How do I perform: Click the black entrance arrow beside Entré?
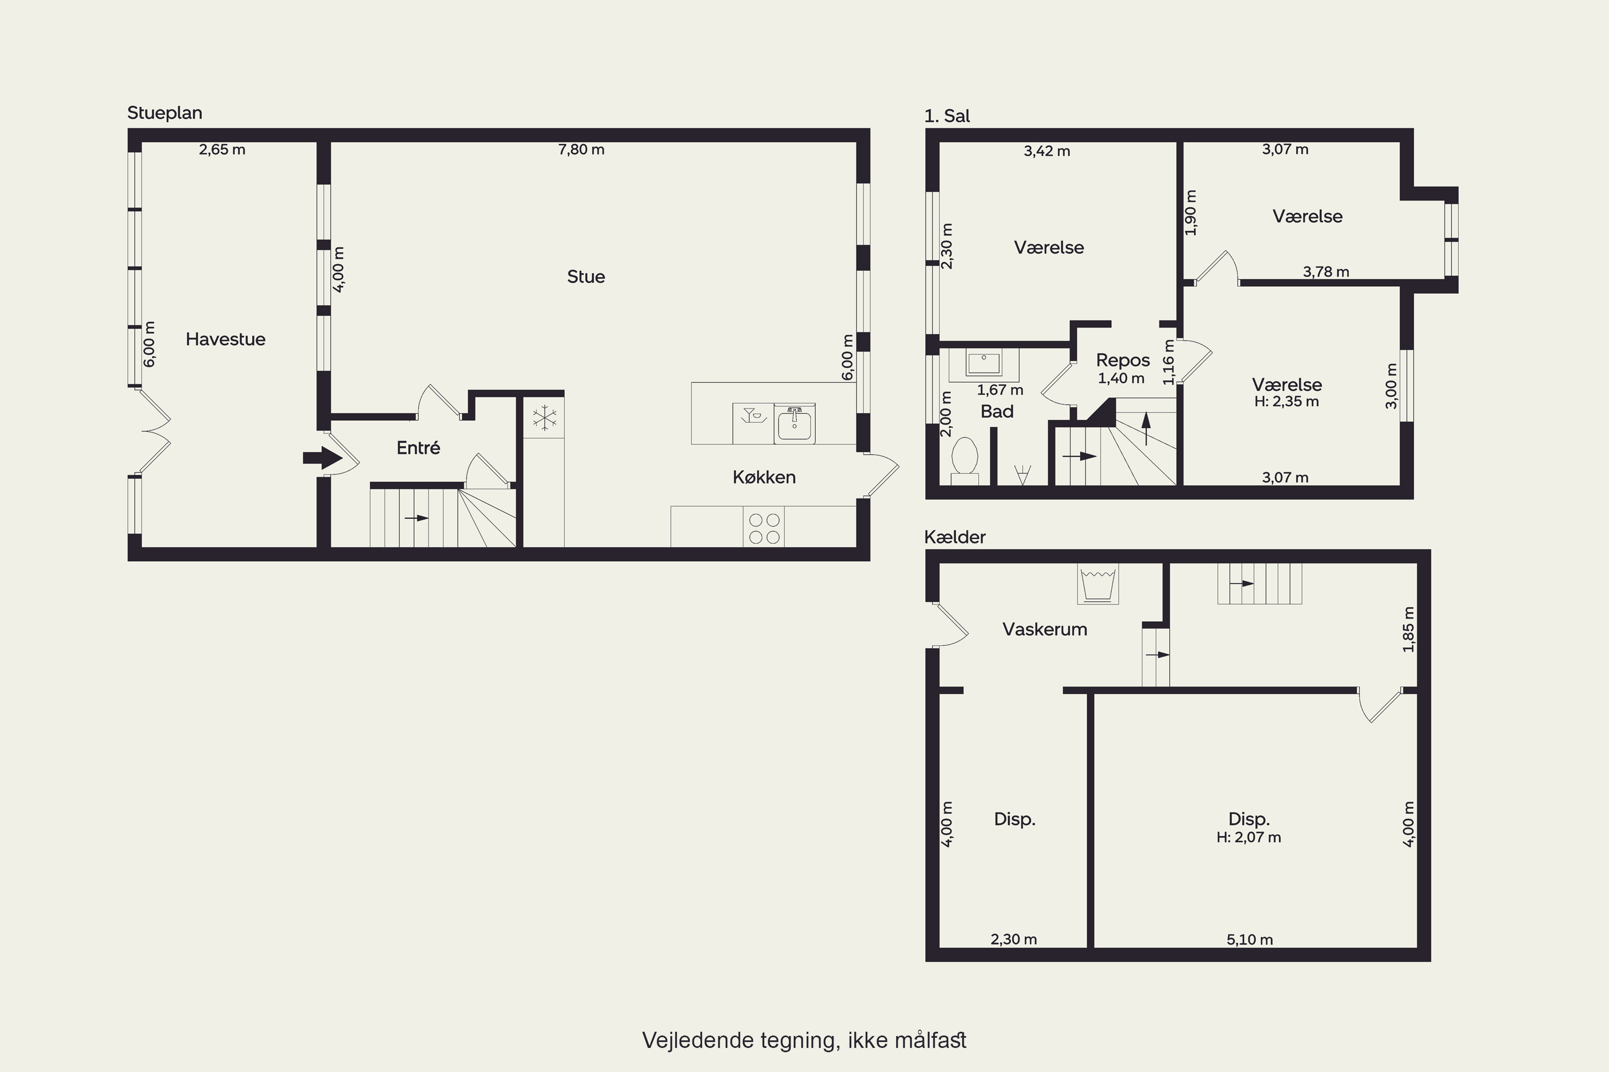322,457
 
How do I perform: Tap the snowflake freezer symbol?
544,418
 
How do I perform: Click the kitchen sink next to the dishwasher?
794,423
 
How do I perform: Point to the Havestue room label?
226,339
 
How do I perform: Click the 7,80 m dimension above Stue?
581,149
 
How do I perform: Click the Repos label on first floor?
1123,360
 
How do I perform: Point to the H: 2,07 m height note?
1249,837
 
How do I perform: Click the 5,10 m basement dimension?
1250,940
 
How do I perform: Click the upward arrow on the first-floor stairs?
1146,429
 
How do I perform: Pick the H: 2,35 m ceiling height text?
1286,401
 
